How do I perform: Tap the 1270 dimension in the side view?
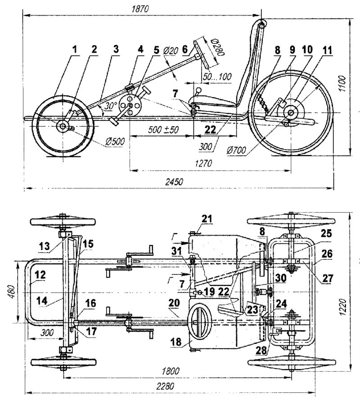click(205, 164)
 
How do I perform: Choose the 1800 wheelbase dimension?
click(171, 371)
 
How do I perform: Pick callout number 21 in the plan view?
click(206, 219)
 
